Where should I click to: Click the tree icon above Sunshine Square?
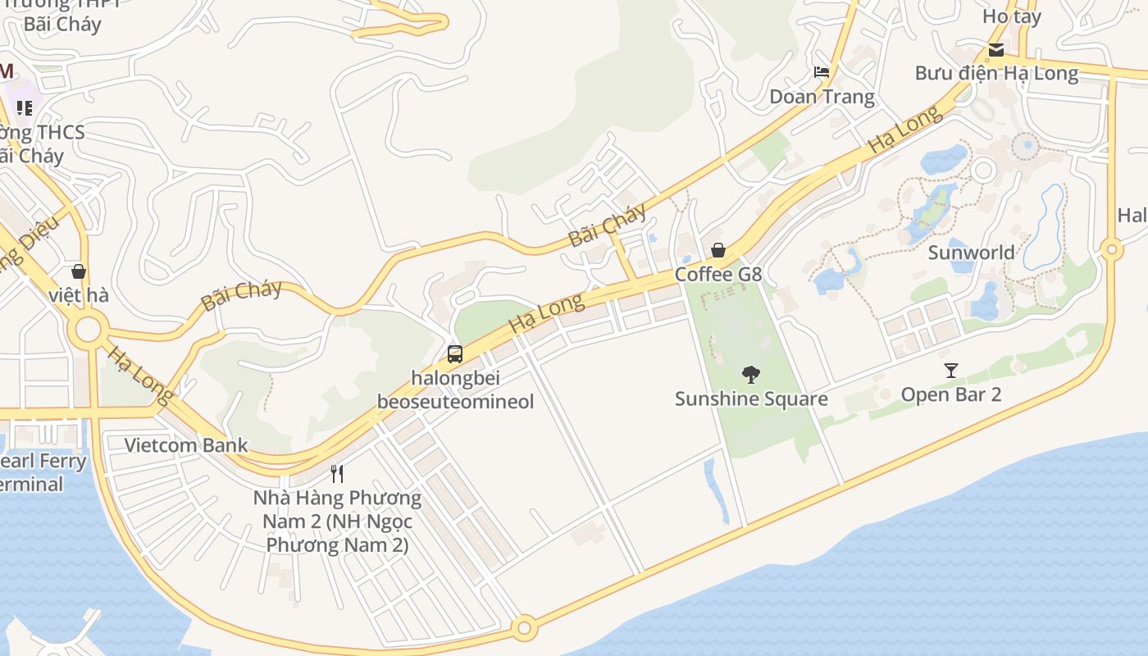point(750,375)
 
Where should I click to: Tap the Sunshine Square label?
point(751,399)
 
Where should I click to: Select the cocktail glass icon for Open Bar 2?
point(951,371)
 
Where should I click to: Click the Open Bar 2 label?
point(951,394)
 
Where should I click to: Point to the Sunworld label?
point(971,253)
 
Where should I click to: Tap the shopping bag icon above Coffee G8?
point(718,250)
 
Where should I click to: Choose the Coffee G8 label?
point(718,275)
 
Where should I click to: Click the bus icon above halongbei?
point(455,354)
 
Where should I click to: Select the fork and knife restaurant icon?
point(336,473)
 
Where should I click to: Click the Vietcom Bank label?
point(186,446)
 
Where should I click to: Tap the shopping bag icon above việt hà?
point(79,271)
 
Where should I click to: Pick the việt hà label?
point(79,295)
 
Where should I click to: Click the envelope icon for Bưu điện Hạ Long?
point(996,50)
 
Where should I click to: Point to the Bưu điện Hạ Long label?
point(996,73)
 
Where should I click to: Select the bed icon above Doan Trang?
point(822,73)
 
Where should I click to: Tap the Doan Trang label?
point(822,97)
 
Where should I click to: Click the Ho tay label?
point(1012,16)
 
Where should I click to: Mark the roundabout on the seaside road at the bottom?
point(525,629)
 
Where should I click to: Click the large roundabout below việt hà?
point(88,332)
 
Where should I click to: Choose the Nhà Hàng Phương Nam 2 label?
point(337,521)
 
